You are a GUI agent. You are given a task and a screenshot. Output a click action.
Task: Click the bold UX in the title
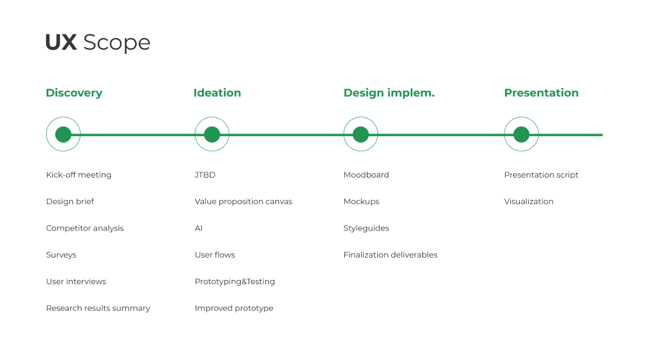click(62, 42)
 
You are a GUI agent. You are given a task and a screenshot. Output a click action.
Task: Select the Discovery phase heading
click(74, 93)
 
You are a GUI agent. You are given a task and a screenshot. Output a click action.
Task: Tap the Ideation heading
click(217, 93)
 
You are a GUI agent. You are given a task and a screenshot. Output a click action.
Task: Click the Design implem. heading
click(389, 93)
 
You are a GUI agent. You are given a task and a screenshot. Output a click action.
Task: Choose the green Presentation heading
click(542, 93)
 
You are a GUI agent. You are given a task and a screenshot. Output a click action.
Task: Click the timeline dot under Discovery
click(63, 135)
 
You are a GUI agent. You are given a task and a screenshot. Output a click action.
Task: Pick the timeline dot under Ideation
click(212, 135)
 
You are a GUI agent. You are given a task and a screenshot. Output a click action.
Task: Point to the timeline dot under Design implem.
click(361, 135)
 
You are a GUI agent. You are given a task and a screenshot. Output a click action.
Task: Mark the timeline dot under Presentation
click(521, 135)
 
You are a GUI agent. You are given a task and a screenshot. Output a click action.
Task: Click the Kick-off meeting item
click(78, 175)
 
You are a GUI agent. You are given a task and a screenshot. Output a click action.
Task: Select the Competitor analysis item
click(85, 228)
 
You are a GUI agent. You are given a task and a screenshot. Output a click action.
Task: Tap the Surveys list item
click(62, 255)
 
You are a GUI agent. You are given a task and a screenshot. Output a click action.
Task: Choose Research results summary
click(98, 308)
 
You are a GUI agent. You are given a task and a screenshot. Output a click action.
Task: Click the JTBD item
click(205, 175)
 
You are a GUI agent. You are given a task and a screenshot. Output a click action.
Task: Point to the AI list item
click(198, 228)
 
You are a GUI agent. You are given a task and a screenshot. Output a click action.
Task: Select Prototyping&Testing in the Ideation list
click(235, 282)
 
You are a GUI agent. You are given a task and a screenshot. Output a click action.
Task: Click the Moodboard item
click(367, 175)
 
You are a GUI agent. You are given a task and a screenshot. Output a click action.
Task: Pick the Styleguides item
click(367, 228)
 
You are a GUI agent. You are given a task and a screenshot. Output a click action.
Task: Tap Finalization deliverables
click(390, 254)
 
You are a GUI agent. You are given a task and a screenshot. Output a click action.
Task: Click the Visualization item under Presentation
click(529, 201)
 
